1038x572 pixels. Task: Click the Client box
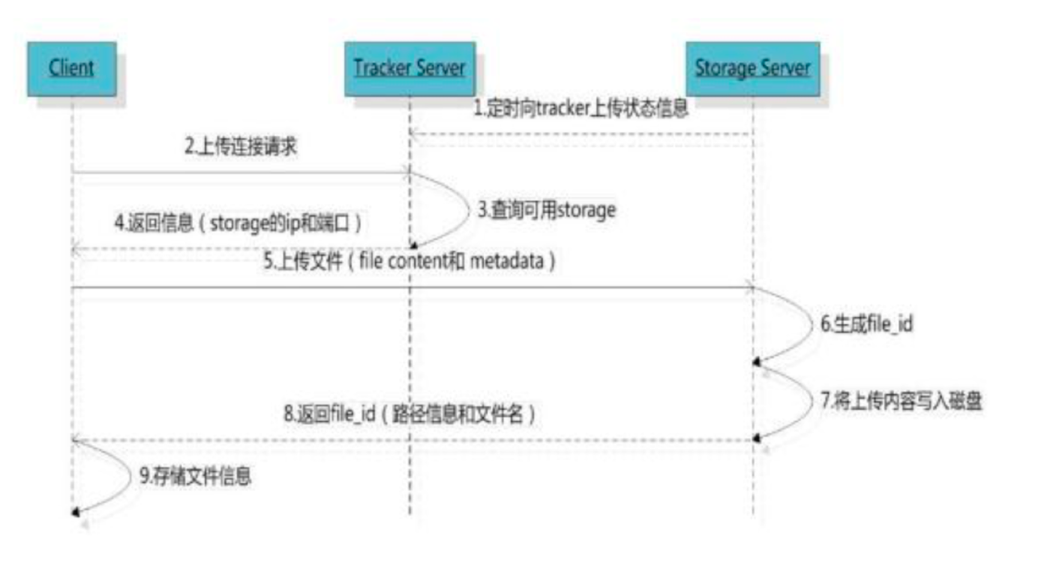tap(71, 68)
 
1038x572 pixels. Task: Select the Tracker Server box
tap(409, 68)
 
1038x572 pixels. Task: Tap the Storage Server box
tap(752, 68)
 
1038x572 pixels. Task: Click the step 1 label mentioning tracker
tap(580, 109)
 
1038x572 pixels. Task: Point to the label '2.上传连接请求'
tap(241, 146)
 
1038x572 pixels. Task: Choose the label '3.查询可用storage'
tap(547, 210)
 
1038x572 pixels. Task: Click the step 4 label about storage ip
tap(238, 223)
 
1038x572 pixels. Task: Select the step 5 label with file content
tap(409, 261)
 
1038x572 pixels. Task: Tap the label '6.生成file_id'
tap(866, 324)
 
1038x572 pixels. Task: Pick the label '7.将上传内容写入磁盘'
tap(901, 401)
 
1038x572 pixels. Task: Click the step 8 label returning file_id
tap(409, 414)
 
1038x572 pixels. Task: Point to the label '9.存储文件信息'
tap(196, 475)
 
